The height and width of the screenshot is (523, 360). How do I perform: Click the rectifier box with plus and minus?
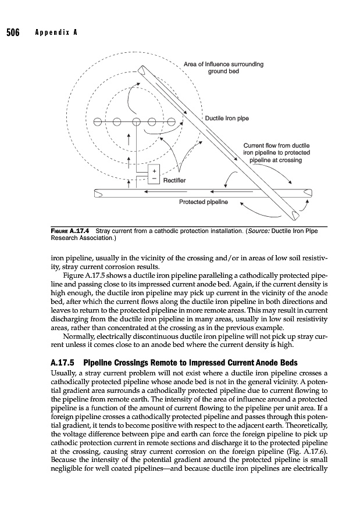(x=154, y=175)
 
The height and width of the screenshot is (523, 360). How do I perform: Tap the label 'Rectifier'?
(x=174, y=180)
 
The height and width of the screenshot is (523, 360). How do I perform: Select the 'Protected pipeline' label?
(x=202, y=202)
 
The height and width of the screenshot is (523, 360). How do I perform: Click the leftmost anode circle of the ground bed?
(x=97, y=122)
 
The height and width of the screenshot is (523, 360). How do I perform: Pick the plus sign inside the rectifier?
(x=154, y=171)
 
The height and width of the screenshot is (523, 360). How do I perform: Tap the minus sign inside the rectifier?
(x=154, y=180)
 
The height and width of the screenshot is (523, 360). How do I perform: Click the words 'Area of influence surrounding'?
(x=223, y=64)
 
